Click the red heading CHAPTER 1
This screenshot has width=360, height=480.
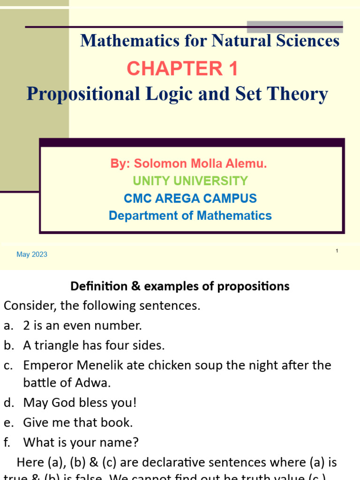[x=182, y=69]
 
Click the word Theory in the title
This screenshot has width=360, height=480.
[x=300, y=94]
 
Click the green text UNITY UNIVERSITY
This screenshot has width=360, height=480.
[x=190, y=181]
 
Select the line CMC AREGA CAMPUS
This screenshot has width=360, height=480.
[x=190, y=198]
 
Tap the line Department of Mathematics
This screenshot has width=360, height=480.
[x=190, y=216]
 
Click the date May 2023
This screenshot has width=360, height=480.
[x=32, y=255]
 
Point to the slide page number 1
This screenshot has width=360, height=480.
[x=337, y=252]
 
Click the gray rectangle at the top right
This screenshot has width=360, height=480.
[x=294, y=27]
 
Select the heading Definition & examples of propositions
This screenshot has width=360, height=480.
[x=180, y=286]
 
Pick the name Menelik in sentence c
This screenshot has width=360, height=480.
[x=93, y=365]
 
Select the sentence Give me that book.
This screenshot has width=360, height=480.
[x=78, y=422]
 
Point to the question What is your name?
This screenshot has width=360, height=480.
[x=81, y=442]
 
